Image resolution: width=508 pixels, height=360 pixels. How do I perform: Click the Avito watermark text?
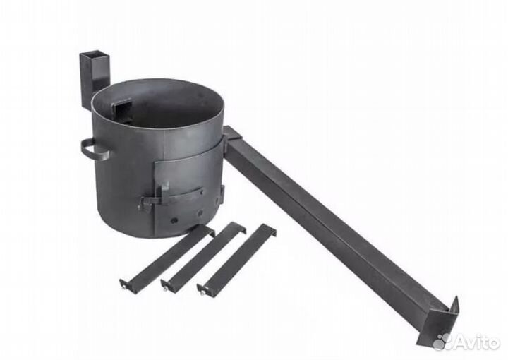476,342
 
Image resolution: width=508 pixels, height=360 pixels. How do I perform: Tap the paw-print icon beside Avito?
442,341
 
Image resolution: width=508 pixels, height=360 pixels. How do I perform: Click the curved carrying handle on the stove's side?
94,150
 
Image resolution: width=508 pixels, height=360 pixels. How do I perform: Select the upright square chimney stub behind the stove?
95,78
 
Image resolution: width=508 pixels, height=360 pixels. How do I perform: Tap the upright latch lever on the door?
164,193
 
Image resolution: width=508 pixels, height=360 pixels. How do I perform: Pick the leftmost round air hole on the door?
174,221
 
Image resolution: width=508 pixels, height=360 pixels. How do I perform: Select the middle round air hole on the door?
200,213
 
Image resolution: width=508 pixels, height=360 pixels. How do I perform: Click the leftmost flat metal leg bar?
167,256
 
